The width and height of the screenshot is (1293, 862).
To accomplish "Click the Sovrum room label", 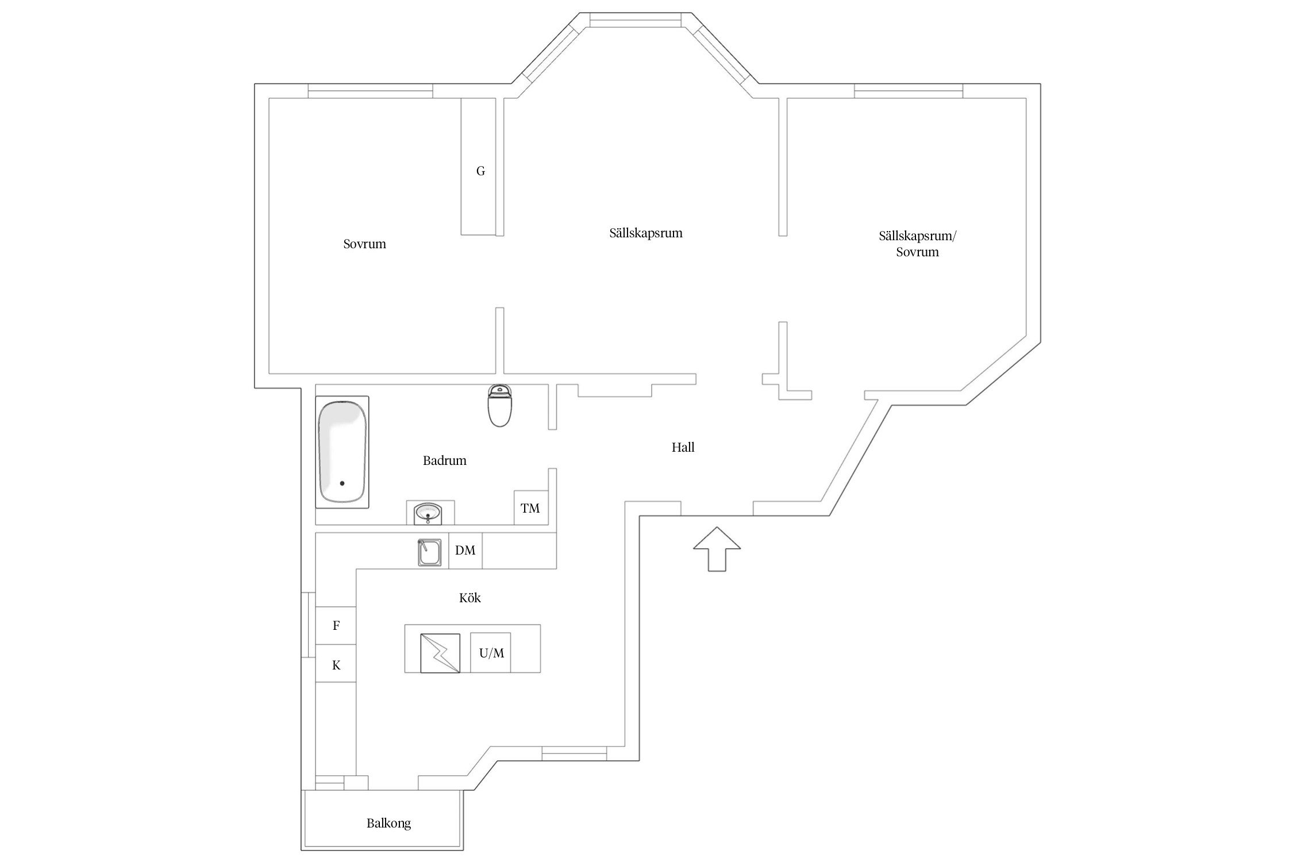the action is point(364,244).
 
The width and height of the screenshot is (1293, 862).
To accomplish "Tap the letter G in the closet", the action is point(480,171).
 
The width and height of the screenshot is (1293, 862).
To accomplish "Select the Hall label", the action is point(683,447).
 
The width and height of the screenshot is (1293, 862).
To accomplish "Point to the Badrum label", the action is point(444,460).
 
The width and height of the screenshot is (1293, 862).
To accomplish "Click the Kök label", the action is point(470,598).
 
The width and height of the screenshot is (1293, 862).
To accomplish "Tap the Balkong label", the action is point(388,823).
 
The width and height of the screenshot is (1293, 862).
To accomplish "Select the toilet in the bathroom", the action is point(499,405).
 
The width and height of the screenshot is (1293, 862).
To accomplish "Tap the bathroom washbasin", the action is point(428,513).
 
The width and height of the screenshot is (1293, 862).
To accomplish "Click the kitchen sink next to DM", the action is point(429,553).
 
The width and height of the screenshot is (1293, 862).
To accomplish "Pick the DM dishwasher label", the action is point(465,550).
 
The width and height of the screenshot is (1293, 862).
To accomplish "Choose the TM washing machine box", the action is point(530,507).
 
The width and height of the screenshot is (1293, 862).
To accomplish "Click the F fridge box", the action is point(336,625).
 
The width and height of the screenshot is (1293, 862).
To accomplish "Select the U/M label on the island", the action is point(491,653).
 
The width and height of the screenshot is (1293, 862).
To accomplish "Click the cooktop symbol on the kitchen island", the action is point(440,653).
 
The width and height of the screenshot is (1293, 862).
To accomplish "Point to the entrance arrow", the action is point(717,549).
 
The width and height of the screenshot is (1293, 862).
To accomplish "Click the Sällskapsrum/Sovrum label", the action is point(917,244).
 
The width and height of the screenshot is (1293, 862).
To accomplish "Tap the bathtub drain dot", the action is point(342,483).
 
